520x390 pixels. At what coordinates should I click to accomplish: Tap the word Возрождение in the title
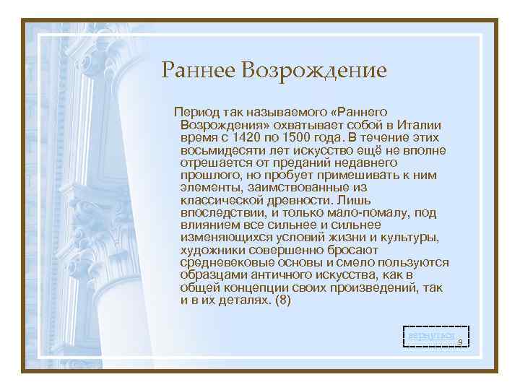(315, 70)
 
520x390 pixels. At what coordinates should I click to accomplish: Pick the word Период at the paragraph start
(194, 112)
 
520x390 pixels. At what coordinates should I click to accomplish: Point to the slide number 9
(460, 346)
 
